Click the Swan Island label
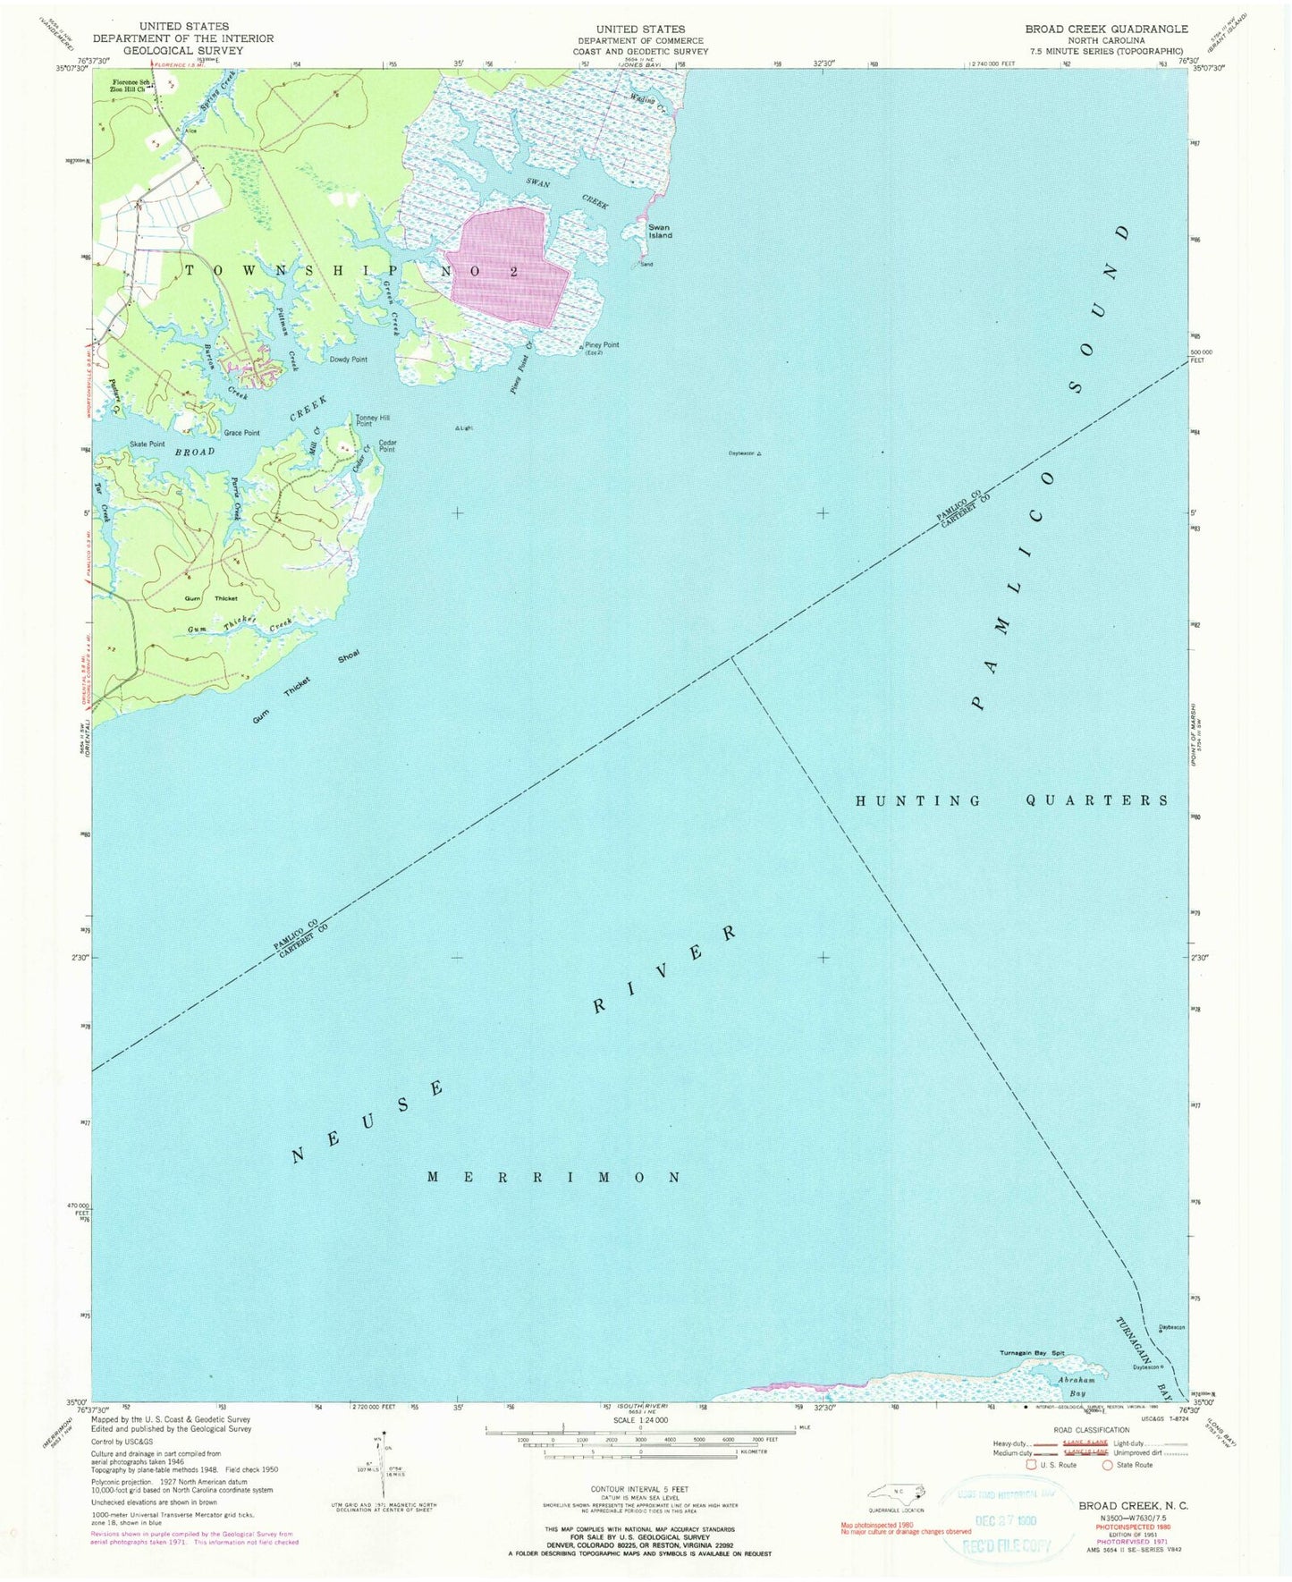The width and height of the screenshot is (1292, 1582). pos(660,232)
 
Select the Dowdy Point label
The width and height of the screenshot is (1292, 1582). pos(348,360)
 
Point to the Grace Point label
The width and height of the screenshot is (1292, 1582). pos(241,433)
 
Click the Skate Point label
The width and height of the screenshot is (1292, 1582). pos(147,444)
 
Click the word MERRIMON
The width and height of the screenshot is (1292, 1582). pos(554,1177)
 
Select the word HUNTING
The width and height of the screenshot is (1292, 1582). pos(918,800)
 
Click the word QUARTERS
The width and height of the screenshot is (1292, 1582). pos(1097,800)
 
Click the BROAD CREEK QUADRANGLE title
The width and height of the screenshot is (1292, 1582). pos(1106,29)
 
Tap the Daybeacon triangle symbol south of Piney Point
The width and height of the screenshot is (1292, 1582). pos(759,454)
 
